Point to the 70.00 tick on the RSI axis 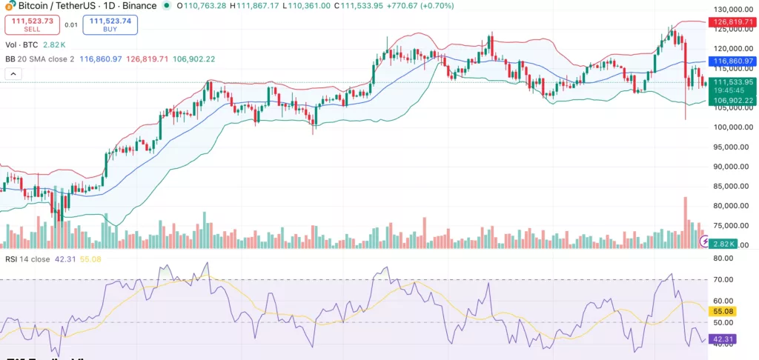pyautogui.click(x=723, y=279)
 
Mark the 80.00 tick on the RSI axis pyautogui.click(x=723, y=259)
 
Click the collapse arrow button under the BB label pyautogui.click(x=13, y=74)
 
